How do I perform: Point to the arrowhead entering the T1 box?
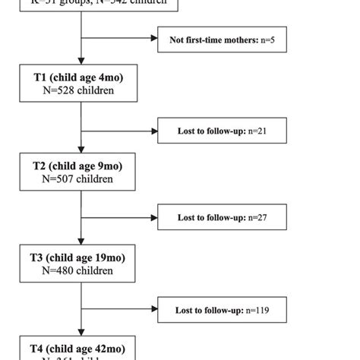(81, 60)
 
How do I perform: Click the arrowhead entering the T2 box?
(81, 150)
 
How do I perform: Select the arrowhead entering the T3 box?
(81, 240)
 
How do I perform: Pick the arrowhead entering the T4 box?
(81, 329)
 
